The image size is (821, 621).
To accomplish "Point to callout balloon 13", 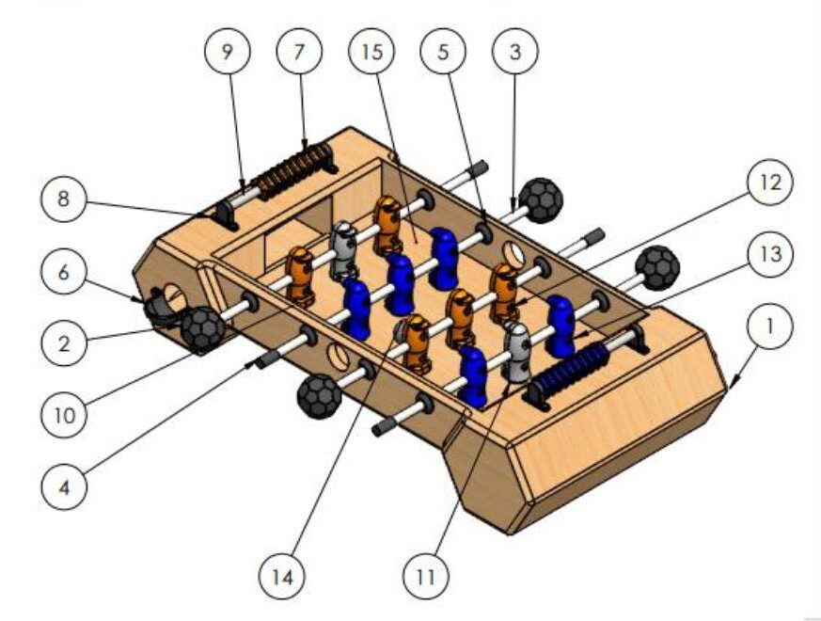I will click(x=769, y=255).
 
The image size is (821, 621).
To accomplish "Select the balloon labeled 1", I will click(x=769, y=326).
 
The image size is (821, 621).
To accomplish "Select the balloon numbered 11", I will click(x=425, y=576).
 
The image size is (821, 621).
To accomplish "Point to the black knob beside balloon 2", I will click(x=202, y=328).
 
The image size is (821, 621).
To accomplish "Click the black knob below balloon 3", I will click(x=539, y=199).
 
